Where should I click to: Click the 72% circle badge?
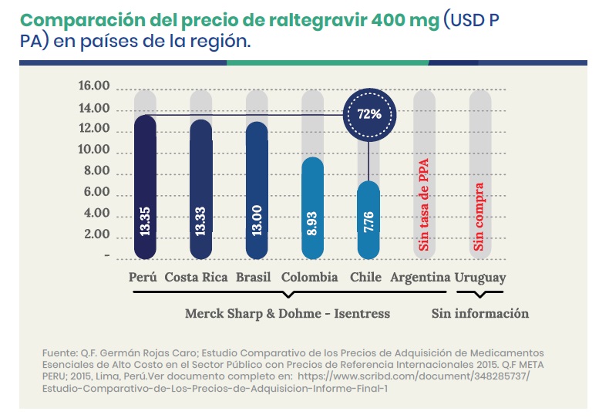(x=368, y=113)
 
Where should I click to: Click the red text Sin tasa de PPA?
(x=424, y=204)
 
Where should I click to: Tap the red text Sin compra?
(x=479, y=216)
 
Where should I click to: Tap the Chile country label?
(x=365, y=278)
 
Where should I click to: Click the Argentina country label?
(x=420, y=278)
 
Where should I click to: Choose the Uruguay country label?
(x=480, y=278)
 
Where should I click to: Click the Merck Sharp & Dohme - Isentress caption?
(x=288, y=314)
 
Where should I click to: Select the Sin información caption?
(x=479, y=314)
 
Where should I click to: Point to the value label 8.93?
(x=312, y=222)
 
